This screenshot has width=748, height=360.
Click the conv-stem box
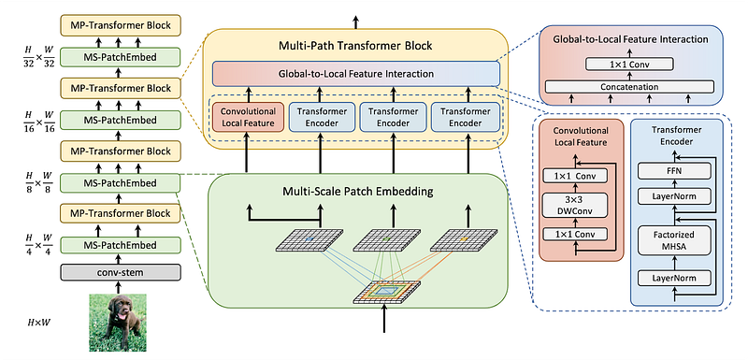121,272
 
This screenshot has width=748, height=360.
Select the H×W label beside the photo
38,324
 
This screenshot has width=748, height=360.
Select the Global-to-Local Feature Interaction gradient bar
356,74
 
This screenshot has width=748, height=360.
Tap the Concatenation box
629,87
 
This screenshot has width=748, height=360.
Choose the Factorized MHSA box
674,239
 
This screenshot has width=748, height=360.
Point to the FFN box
674,169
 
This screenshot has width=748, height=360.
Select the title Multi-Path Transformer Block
355,46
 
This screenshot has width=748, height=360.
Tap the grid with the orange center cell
462,239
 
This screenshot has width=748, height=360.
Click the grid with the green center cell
386,239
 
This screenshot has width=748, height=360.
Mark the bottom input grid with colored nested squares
386,292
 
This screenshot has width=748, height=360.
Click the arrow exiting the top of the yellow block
356,22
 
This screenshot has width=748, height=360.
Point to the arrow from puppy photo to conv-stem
117,286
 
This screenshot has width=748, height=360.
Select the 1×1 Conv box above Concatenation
629,64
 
